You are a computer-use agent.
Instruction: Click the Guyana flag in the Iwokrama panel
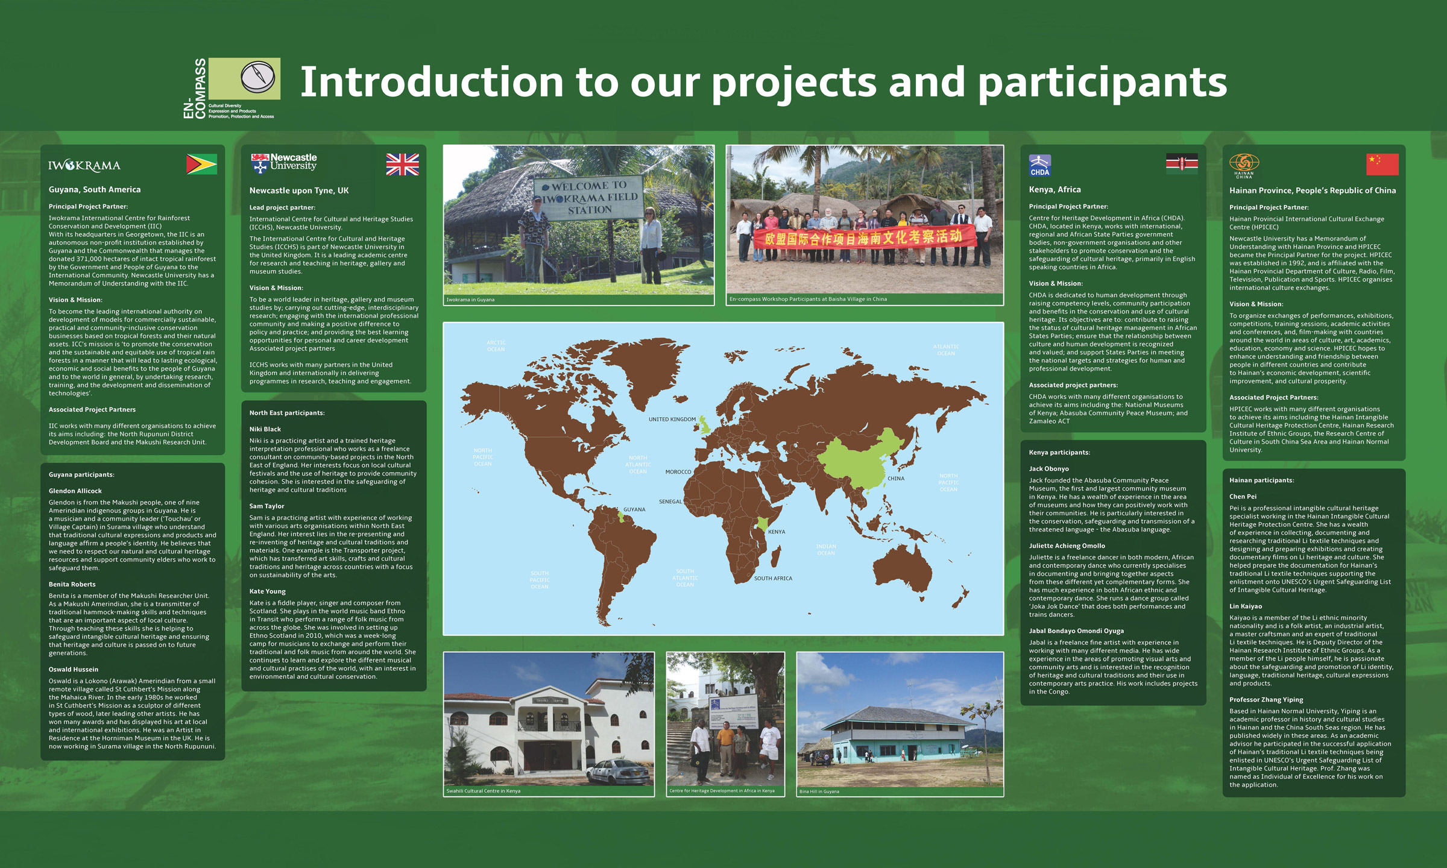click(x=202, y=164)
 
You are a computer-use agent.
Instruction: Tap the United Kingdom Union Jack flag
click(x=402, y=164)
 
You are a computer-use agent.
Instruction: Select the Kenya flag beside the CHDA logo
click(x=1182, y=163)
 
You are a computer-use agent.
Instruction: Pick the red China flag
click(x=1382, y=164)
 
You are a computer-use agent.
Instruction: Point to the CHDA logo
click(x=1040, y=165)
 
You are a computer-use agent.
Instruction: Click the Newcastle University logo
click(x=284, y=163)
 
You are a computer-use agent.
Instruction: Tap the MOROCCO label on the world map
click(x=678, y=472)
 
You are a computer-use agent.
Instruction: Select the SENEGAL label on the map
click(x=670, y=502)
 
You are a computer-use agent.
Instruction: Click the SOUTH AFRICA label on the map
click(x=773, y=579)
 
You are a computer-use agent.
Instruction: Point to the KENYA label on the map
click(x=777, y=532)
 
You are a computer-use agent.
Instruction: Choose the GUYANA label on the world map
click(x=634, y=510)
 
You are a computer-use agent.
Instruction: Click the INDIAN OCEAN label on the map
click(x=826, y=550)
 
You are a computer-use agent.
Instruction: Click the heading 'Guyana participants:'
click(x=81, y=475)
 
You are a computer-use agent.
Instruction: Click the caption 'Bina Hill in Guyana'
click(x=819, y=791)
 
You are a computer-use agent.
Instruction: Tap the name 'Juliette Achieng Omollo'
click(x=1067, y=546)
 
